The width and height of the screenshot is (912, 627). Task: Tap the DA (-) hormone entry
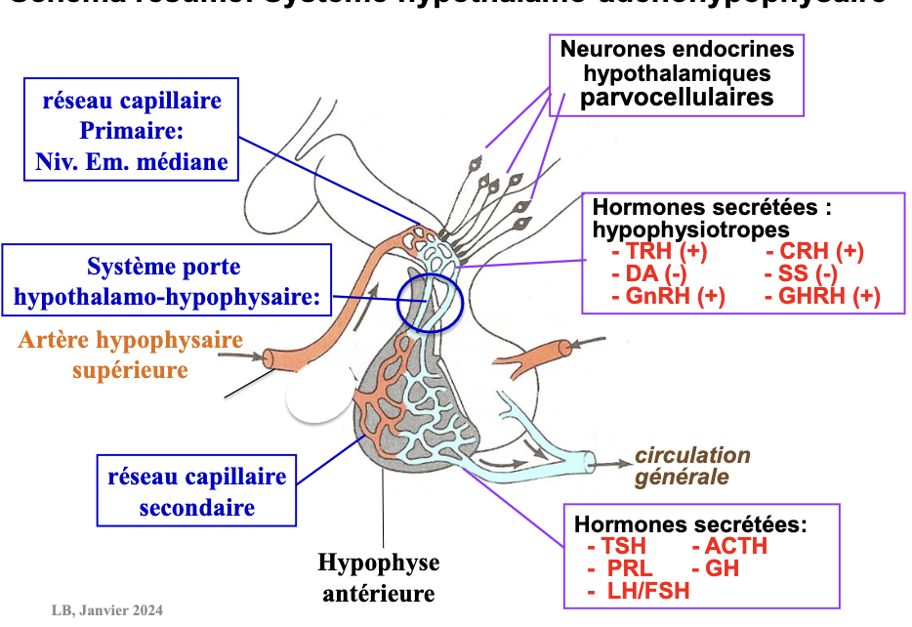click(649, 273)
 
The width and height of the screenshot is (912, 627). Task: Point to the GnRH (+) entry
click(669, 296)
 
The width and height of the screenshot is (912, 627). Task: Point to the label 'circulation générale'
click(692, 466)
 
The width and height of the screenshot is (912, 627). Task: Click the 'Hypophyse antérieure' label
click(379, 577)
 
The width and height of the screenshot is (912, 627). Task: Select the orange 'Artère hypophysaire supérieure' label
click(129, 355)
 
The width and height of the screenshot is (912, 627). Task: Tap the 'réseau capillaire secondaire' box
click(197, 491)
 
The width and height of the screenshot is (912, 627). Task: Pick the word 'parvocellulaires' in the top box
click(677, 97)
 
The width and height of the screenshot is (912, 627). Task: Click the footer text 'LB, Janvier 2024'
click(108, 611)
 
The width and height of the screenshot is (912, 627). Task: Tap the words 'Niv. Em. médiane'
click(131, 161)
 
